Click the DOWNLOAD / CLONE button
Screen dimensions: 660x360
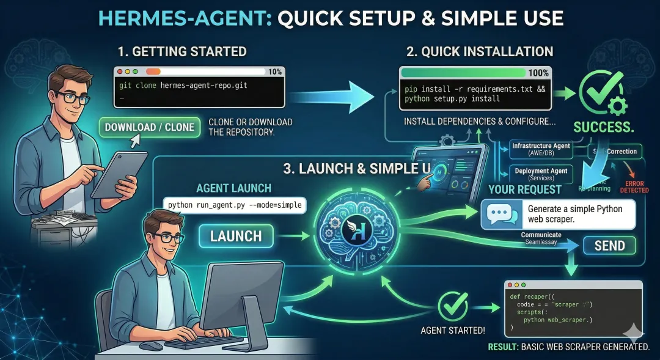(149, 128)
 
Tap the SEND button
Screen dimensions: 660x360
(609, 246)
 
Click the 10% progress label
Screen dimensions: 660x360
(274, 72)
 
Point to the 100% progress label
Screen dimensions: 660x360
(538, 73)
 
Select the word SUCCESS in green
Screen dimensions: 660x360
(603, 127)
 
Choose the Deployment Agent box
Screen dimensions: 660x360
(541, 173)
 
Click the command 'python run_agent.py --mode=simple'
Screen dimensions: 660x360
(235, 205)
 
